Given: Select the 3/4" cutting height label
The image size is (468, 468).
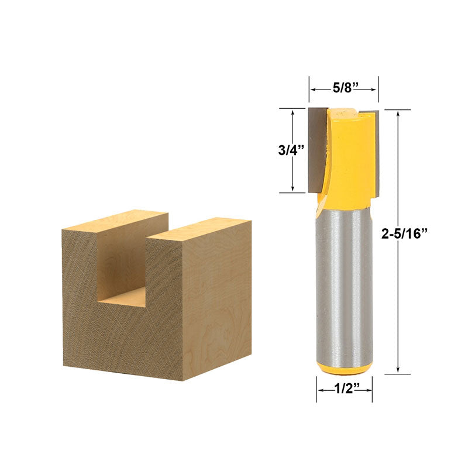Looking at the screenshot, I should pos(291,150).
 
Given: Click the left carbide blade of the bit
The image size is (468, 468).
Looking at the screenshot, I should pos(316,149).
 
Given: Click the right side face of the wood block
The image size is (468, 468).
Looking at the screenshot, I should pos(218,298).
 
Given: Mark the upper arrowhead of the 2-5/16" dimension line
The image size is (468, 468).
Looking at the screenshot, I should pos(398,113).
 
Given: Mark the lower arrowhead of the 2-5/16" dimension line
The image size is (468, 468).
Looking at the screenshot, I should pos(398,369).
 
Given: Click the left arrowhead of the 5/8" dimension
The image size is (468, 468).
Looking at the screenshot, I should pos(312,89).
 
